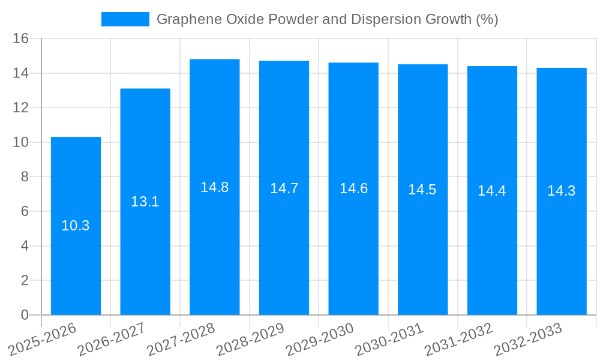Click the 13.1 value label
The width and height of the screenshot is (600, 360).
(145, 202)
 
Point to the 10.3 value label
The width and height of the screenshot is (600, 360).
(76, 226)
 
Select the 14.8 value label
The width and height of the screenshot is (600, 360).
(214, 187)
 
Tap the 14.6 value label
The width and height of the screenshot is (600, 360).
(353, 188)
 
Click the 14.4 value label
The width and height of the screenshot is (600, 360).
(491, 191)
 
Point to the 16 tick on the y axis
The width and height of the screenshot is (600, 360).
(21, 39)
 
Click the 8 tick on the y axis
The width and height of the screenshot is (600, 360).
(25, 177)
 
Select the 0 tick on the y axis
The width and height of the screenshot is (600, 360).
(25, 315)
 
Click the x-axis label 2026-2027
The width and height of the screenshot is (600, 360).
(111, 338)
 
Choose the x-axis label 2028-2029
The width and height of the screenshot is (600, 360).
(250, 338)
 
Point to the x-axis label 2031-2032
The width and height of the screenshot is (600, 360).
(458, 338)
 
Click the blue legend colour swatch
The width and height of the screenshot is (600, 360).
(125, 19)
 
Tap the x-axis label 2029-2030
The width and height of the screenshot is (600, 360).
(319, 338)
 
